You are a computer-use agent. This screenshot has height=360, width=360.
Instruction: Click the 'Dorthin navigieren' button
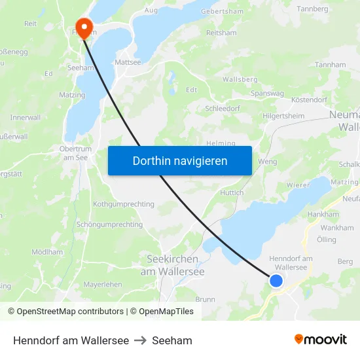pyautogui.click(x=180, y=160)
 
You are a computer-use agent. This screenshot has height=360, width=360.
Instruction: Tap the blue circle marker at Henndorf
pyautogui.click(x=276, y=280)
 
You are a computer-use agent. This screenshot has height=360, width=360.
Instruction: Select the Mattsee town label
pyautogui.click(x=128, y=62)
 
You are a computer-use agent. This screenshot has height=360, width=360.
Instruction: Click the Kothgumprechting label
pyautogui.click(x=124, y=204)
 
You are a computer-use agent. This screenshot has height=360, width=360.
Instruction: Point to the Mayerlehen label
pyautogui.click(x=103, y=284)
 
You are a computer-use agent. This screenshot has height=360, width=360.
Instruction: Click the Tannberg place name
pyautogui.click(x=312, y=9)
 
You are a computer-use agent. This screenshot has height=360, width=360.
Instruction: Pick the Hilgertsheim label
pyautogui.click(x=283, y=116)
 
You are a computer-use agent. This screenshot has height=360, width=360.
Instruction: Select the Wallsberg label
pyautogui.click(x=240, y=79)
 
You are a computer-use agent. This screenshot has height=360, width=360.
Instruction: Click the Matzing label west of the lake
pyautogui.click(x=72, y=96)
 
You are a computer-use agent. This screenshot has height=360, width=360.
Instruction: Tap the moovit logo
pyautogui.click(x=321, y=340)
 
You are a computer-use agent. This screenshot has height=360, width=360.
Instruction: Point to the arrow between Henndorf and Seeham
pyautogui.click(x=140, y=340)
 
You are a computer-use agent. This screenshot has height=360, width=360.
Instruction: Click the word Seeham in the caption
pyautogui.click(x=172, y=340)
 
